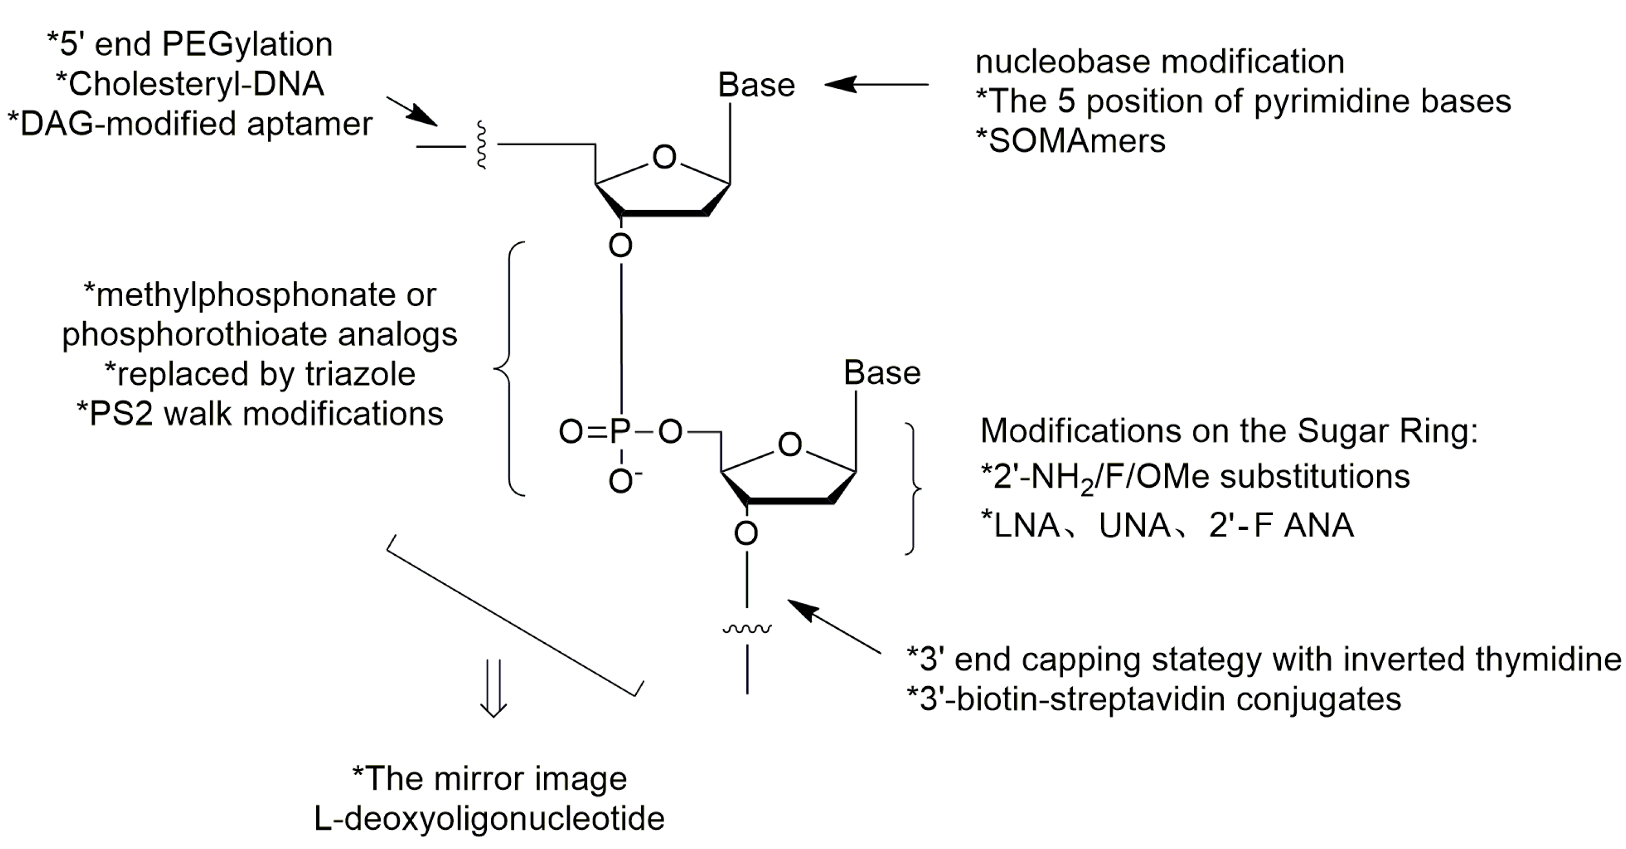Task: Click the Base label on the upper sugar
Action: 756,85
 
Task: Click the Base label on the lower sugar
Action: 882,373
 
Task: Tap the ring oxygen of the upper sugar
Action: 664,157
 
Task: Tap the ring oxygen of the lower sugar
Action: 790,444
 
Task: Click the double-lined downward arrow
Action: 493,688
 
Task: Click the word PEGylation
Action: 247,44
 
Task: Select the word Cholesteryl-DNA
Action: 196,84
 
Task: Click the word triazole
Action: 360,374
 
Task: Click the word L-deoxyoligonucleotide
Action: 489,818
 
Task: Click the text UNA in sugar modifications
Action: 1134,525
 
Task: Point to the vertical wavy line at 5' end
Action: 481,146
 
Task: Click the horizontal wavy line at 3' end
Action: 747,629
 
